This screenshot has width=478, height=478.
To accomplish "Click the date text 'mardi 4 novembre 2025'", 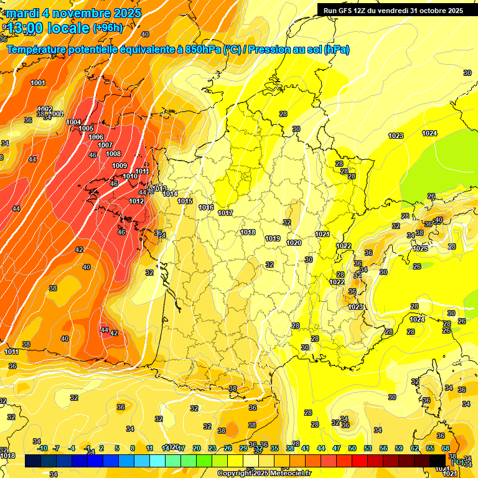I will [74, 12].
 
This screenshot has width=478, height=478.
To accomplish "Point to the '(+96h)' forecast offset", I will [108, 27].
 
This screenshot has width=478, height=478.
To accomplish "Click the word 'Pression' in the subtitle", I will [269, 50].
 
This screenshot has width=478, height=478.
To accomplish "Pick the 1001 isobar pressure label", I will [38, 83].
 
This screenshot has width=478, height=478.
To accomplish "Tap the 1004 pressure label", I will [73, 122].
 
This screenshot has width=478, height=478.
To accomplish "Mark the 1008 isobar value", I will [113, 154].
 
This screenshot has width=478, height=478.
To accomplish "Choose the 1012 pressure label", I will [136, 201].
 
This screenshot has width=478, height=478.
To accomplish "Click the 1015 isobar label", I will [185, 201].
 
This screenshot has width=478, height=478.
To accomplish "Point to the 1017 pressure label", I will [225, 213].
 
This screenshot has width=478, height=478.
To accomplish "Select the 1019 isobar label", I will [272, 238].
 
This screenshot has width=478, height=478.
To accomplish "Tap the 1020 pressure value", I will [294, 243].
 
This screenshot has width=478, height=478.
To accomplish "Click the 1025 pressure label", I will [420, 248].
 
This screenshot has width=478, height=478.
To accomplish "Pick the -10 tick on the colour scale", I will [42, 448].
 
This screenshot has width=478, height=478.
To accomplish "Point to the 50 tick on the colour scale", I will [352, 448].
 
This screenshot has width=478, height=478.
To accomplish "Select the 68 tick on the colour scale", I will [446, 448].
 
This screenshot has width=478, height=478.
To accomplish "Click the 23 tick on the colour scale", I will [212, 448].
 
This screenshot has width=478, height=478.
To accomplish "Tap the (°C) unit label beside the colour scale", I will [457, 462].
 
